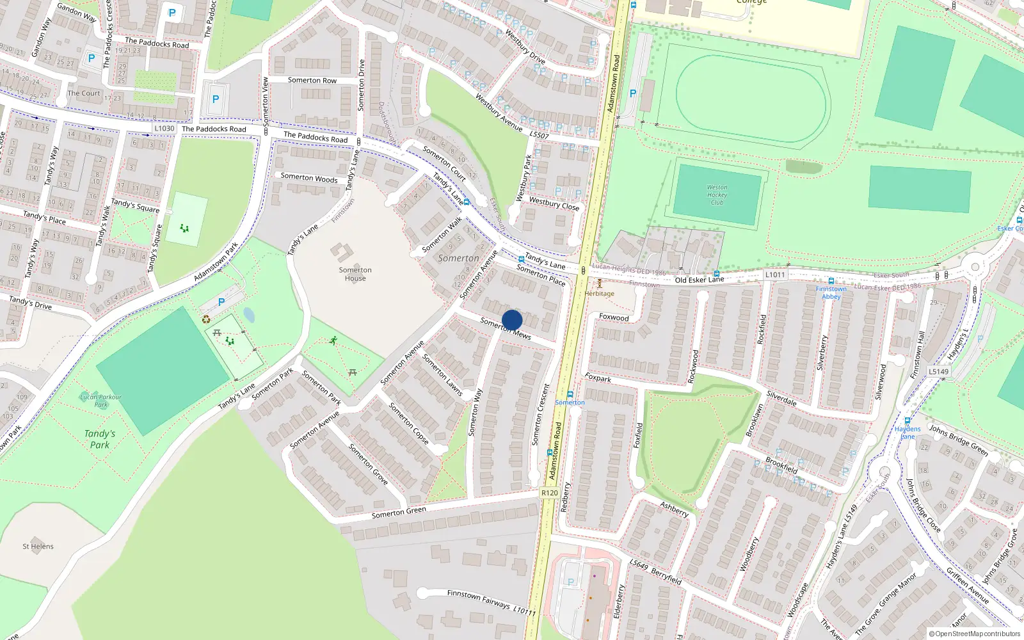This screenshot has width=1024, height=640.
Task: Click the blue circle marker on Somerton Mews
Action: [x=512, y=320]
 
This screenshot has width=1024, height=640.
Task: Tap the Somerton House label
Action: [x=355, y=274]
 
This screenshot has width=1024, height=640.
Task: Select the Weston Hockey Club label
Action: [x=717, y=195]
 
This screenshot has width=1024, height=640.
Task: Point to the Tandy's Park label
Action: [x=100, y=439]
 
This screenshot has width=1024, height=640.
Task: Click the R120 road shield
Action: [x=549, y=493]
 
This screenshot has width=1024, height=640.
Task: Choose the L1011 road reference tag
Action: [x=774, y=275]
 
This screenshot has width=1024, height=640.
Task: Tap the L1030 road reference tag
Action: [x=164, y=129]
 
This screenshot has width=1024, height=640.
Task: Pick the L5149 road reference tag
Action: [x=938, y=371]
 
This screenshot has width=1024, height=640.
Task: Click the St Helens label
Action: [x=38, y=547]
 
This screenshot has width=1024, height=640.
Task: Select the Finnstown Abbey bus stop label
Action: [x=831, y=292]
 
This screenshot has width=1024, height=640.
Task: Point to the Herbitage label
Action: [x=599, y=294]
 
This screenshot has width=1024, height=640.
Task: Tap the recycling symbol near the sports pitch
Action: [x=206, y=319]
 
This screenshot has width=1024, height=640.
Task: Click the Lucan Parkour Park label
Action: [x=100, y=401]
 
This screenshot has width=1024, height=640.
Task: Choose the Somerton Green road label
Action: [x=399, y=513]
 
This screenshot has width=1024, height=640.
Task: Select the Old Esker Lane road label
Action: [x=699, y=280]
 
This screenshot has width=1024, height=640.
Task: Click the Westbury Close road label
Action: [x=554, y=204]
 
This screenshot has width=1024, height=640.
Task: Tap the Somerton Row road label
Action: [x=312, y=81]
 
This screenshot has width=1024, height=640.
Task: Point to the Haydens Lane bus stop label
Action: [x=908, y=433]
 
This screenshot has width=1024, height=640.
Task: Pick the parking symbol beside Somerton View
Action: [x=216, y=99]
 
